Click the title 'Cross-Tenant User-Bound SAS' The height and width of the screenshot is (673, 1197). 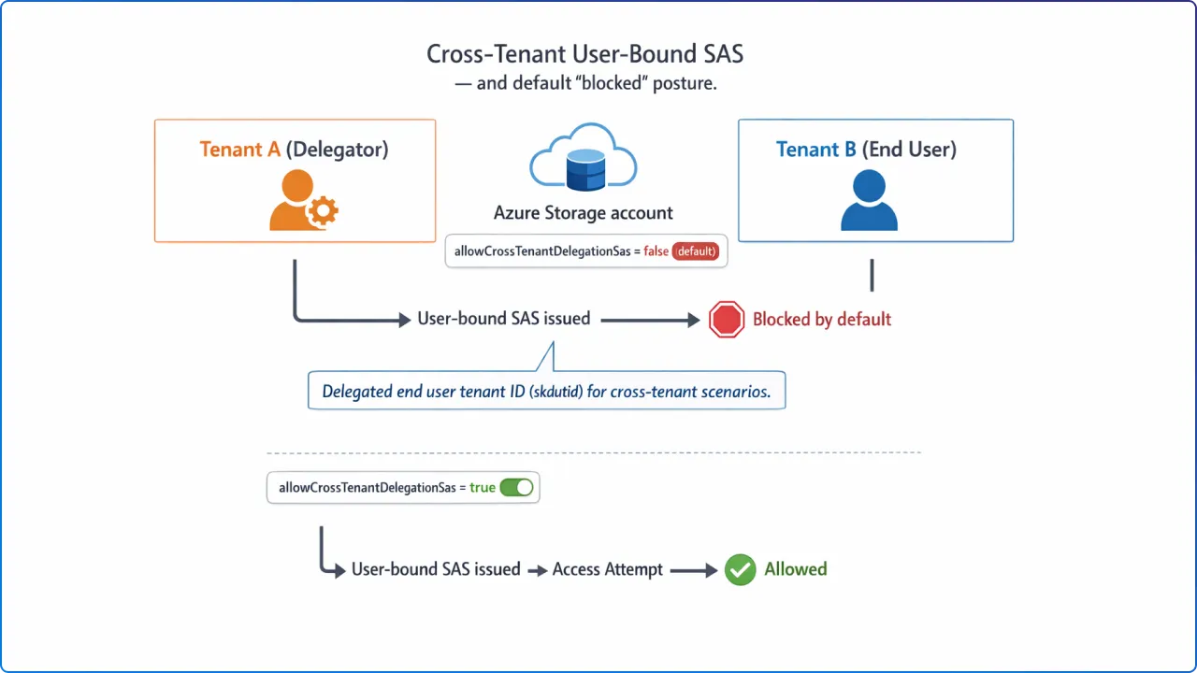[584, 54]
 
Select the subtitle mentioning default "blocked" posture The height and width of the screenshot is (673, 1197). [584, 82]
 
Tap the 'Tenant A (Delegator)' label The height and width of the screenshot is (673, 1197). [294, 150]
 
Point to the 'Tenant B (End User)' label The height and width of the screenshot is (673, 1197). [866, 150]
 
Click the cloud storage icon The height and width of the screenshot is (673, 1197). [584, 159]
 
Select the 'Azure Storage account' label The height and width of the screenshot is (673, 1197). [584, 213]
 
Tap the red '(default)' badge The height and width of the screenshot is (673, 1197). [696, 251]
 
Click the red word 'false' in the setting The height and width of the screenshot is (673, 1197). [656, 251]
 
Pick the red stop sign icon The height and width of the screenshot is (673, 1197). [727, 320]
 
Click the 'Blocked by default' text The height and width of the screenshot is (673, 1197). [822, 320]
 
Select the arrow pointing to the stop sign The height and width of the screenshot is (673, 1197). [650, 320]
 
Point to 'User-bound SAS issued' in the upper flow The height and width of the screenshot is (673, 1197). [503, 319]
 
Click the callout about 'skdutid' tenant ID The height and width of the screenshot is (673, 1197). [546, 392]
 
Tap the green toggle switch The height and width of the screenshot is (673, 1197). [516, 487]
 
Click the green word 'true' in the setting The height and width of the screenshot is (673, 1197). [483, 487]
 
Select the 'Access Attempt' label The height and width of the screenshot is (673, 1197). [607, 569]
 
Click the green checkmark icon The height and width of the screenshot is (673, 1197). [740, 569]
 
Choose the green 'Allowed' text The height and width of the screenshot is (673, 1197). [795, 569]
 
